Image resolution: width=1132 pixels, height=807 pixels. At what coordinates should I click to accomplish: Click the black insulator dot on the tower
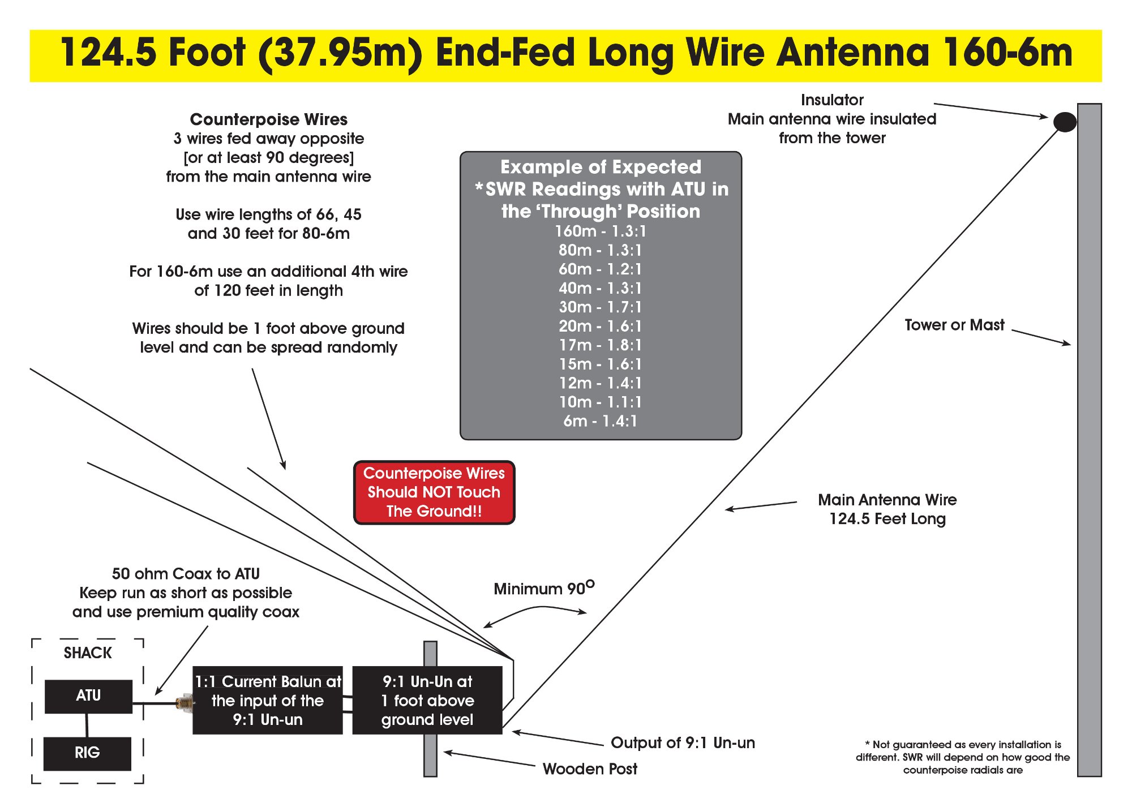click(1065, 122)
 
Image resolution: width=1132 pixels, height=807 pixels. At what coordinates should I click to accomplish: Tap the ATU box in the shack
click(88, 696)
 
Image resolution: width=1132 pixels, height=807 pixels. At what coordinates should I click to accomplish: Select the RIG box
click(87, 753)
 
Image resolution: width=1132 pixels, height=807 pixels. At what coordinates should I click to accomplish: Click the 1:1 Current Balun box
click(268, 701)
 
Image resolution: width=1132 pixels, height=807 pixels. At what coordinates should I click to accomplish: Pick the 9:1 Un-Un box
click(427, 701)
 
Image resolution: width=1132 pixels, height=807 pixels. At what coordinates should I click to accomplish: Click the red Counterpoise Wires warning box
click(434, 492)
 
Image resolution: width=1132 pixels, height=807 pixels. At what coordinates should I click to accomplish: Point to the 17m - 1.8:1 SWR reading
click(601, 345)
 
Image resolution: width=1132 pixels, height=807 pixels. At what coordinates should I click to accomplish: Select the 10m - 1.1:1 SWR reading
click(601, 402)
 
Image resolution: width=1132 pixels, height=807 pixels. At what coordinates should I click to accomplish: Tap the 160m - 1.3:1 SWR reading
click(601, 231)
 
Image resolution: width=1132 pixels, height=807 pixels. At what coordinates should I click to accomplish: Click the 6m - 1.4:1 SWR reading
click(601, 421)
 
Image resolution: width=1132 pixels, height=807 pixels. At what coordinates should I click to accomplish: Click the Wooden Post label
click(590, 769)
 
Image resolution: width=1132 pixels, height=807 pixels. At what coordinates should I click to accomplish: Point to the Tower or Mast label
click(954, 325)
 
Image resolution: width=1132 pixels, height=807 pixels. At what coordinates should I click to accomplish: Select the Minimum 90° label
click(544, 589)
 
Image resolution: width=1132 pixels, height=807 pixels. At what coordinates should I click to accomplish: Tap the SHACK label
click(88, 653)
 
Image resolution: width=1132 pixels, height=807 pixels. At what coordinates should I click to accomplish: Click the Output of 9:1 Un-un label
click(683, 743)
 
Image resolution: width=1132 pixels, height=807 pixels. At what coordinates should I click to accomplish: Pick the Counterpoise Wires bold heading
click(269, 119)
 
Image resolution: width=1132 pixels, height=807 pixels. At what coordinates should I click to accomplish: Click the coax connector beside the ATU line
click(184, 703)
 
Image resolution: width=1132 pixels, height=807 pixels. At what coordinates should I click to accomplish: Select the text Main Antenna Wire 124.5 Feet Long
click(887, 509)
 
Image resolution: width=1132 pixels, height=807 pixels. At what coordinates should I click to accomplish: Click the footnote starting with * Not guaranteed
click(963, 757)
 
